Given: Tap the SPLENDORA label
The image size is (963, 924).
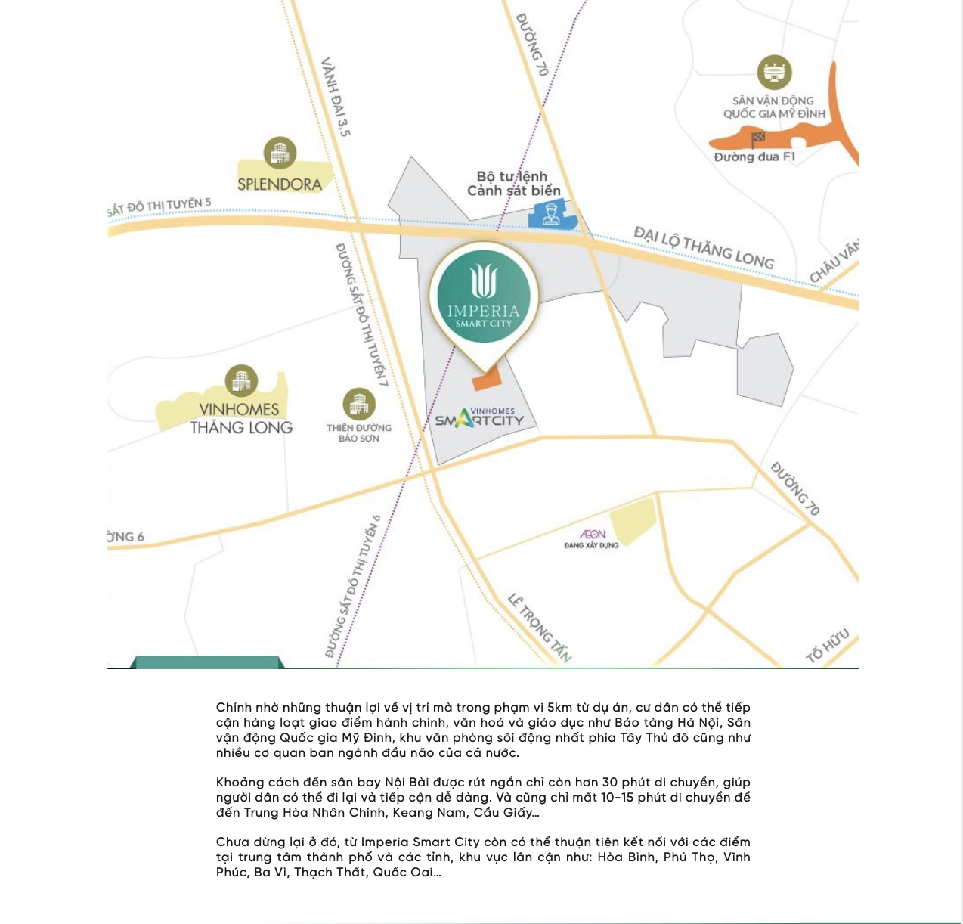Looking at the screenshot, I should (280, 184).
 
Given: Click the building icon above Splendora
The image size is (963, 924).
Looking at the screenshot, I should (280, 153).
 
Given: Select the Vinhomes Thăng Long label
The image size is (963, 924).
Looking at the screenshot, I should (241, 418).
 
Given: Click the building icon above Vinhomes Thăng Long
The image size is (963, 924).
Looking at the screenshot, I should (241, 381).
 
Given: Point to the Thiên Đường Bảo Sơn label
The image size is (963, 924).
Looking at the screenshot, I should (359, 433).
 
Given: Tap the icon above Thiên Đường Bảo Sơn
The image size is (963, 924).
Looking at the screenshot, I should (359, 404).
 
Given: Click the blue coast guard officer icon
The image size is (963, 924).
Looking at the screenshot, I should (551, 214).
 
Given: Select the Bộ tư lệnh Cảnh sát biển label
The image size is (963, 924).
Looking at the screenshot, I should (513, 184).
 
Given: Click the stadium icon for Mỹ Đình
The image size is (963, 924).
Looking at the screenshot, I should (774, 73).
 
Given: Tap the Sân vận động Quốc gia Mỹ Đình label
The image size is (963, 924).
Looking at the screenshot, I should (774, 107).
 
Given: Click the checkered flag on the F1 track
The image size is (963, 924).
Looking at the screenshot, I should (758, 138).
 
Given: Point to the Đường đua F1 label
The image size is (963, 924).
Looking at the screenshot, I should (754, 157).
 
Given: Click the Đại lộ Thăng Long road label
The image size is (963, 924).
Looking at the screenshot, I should (704, 247).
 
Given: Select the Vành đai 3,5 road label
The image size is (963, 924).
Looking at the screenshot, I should (336, 97).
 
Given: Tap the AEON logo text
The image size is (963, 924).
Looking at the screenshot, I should (593, 534).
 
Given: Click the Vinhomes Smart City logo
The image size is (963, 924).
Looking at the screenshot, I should (479, 417).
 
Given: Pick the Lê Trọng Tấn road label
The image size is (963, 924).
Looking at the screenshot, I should (539, 628).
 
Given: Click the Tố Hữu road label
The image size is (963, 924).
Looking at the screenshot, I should (828, 645).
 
